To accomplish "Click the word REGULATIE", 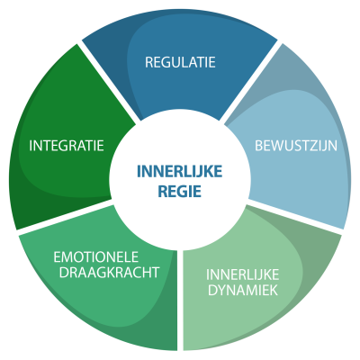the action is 180,62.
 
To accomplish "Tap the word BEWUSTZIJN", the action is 296,146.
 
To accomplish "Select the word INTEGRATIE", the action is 67,146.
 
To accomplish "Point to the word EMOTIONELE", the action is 96,257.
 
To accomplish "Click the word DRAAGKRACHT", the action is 109,273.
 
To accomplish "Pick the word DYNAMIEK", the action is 243,290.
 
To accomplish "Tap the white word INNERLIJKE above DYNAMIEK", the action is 243,274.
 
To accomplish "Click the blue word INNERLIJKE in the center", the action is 180,172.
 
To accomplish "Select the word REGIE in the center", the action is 180,191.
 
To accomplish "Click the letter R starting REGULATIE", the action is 149,62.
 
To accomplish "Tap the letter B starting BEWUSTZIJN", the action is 259,146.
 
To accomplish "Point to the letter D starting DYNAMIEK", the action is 212,290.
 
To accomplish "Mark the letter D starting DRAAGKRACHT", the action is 64,273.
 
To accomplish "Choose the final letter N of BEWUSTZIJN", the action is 333,146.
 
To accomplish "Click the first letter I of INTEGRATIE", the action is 31,146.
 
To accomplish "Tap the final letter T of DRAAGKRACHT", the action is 155,273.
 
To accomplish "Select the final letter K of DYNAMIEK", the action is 274,290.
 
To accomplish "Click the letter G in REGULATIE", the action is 166,62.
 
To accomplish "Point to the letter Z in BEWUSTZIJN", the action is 316,146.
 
